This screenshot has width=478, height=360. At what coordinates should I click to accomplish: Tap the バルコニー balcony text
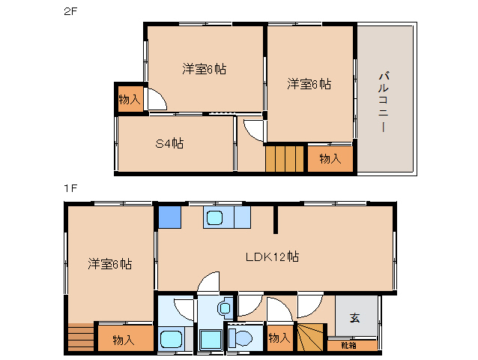(x=383, y=101)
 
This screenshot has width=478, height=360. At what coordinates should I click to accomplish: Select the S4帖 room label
(x=170, y=143)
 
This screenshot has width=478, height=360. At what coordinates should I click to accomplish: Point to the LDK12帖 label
(x=273, y=256)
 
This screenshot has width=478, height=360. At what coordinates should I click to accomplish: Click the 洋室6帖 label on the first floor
(x=109, y=263)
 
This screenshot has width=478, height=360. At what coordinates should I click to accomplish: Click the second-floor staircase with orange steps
(x=285, y=159)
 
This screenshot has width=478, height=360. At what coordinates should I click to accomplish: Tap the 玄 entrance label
(x=354, y=317)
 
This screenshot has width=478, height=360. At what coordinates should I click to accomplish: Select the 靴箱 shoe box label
(x=349, y=345)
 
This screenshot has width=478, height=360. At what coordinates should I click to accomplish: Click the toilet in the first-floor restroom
(x=243, y=338)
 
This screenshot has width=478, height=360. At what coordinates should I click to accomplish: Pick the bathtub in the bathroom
(x=172, y=339)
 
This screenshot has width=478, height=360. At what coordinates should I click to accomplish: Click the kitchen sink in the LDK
(x=216, y=217)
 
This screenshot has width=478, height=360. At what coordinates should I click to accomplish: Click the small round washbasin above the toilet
(x=226, y=307)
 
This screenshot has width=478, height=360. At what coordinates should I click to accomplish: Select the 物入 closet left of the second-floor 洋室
(x=129, y=99)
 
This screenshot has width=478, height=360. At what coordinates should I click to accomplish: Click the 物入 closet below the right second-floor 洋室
(x=330, y=159)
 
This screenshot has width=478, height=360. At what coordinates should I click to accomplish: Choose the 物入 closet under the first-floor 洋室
(x=124, y=340)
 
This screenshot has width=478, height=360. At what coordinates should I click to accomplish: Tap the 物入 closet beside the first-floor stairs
(x=279, y=338)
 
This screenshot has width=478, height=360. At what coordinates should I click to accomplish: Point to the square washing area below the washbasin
(x=211, y=340)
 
